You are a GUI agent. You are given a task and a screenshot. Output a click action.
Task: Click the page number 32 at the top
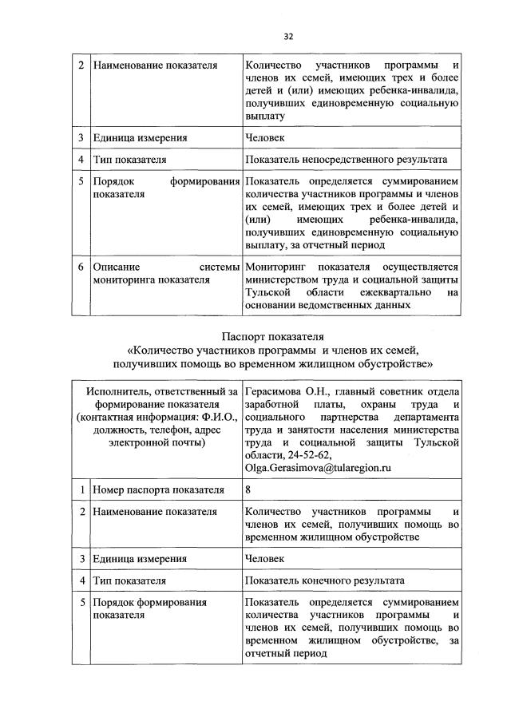[289, 35]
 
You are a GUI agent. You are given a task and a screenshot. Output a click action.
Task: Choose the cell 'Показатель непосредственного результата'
[347, 160]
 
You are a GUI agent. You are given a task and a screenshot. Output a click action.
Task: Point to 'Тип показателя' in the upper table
[129, 160]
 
